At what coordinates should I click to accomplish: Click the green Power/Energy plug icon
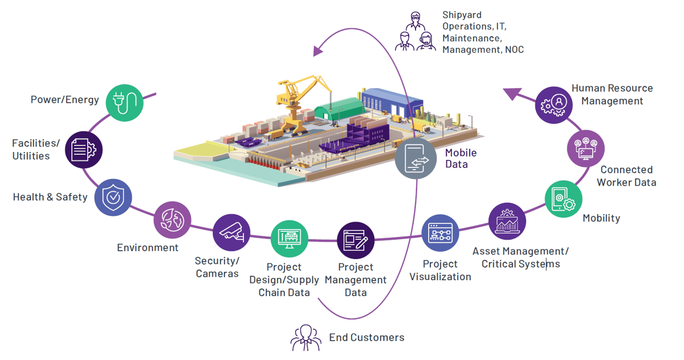(124, 103)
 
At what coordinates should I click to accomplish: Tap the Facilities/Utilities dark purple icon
(84, 149)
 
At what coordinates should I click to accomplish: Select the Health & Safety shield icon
(113, 197)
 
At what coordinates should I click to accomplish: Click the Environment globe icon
(172, 220)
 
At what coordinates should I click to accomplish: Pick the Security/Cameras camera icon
(231, 232)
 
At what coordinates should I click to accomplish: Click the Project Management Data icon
(356, 240)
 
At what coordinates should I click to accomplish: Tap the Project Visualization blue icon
(439, 234)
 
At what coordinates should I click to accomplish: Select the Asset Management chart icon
(507, 221)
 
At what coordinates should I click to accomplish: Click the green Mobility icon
(563, 199)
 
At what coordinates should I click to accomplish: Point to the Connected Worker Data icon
(586, 148)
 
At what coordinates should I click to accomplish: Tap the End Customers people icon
(306, 337)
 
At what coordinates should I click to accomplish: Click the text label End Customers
(367, 337)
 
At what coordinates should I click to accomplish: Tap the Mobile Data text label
(461, 158)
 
